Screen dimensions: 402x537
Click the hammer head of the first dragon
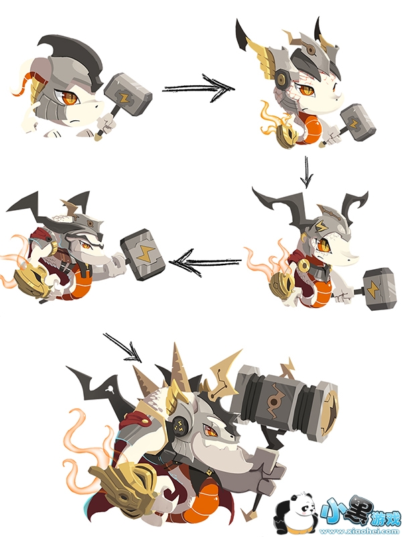click(127, 93)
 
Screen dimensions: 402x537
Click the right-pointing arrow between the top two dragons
click(198, 88)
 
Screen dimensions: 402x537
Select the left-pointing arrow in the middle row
click(205, 262)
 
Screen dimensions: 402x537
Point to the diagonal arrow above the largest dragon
click(123, 348)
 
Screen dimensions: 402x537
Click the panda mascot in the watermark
click(297, 514)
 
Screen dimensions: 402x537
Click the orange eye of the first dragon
click(70, 98)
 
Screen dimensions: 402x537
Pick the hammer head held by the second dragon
click(358, 122)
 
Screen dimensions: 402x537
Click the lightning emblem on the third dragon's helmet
click(321, 226)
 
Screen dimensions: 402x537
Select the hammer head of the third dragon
click(379, 289)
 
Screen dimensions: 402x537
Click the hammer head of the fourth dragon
click(143, 254)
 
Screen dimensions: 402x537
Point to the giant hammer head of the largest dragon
click(285, 401)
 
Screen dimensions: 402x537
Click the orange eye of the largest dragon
click(210, 431)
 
